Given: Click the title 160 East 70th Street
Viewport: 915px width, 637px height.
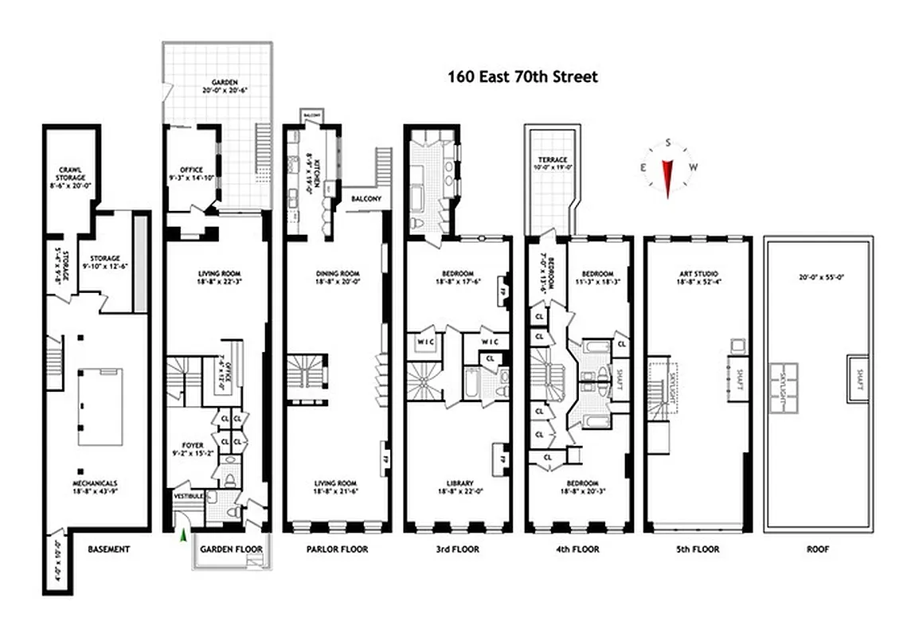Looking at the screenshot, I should pos(522,77).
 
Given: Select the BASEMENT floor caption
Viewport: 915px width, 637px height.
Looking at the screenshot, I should pos(108,549).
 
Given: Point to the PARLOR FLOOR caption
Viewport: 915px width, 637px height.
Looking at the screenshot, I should pos(338,549).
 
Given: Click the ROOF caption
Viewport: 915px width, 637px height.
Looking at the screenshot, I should pos(817,549).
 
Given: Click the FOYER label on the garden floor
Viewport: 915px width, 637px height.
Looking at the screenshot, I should pos(192,445).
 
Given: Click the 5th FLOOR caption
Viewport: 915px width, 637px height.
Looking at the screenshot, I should pos(698,549).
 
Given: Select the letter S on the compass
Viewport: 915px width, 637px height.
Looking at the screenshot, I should pos(667,143).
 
